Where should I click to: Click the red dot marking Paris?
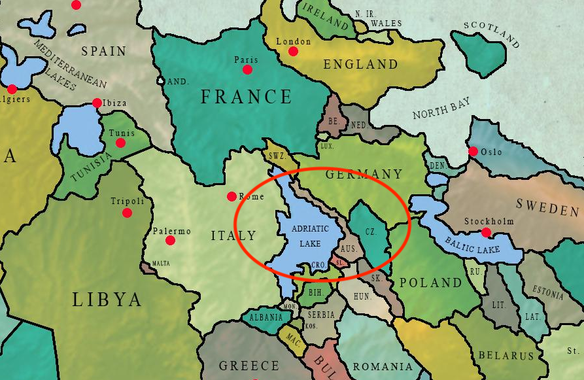tap(247, 69)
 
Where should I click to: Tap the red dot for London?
tap(293, 51)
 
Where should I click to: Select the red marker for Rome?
tap(232, 196)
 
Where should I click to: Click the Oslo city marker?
tap(473, 152)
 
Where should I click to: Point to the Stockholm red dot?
tap(485, 232)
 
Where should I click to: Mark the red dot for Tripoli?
tap(127, 213)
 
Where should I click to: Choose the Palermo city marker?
tap(170, 241)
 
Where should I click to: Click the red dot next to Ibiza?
tap(97, 103)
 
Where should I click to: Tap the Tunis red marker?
tap(118, 143)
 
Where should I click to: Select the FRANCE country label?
tap(246, 97)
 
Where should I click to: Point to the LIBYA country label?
tap(107, 300)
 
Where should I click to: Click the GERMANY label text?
tap(364, 174)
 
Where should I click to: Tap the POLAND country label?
tap(430, 283)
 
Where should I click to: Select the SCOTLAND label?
tap(490, 35)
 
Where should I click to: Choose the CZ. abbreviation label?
tap(370, 232)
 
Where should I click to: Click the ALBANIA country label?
tap(266, 317)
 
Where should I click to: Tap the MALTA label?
tap(161, 264)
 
